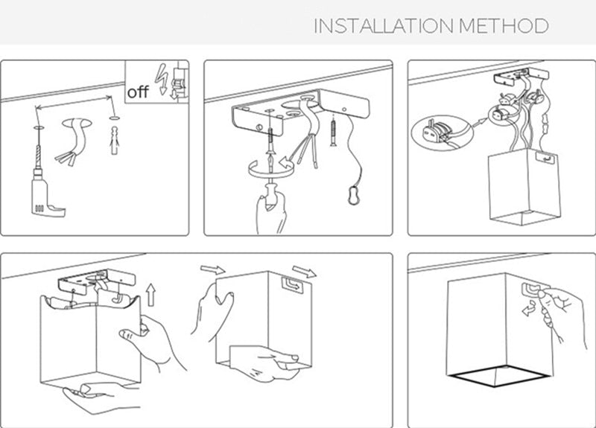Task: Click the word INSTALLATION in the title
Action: [x=384, y=26]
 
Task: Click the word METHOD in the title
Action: [x=504, y=26]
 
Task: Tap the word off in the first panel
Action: [x=138, y=92]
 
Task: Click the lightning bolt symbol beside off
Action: [x=162, y=79]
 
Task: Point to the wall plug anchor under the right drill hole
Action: [x=114, y=140]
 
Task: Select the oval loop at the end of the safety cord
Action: [x=354, y=195]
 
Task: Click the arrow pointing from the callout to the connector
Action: [x=480, y=122]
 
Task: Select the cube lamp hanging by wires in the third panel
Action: [x=524, y=186]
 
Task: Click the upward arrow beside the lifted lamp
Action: [x=151, y=295]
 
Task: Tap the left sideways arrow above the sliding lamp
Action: [x=212, y=269]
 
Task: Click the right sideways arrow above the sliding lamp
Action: [x=304, y=271]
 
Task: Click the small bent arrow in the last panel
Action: [x=529, y=308]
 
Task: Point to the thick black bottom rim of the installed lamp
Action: [x=498, y=378]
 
